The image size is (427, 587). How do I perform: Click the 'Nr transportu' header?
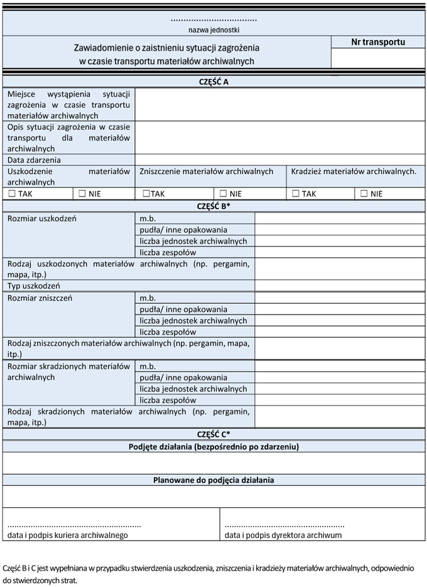[x=378, y=43]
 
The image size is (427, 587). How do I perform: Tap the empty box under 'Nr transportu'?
[x=378, y=58]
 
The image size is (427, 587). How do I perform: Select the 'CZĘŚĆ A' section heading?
[x=213, y=82]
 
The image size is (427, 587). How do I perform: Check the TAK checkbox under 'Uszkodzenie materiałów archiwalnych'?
[x=11, y=194]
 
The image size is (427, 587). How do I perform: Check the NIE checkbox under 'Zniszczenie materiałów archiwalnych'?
[x=223, y=194]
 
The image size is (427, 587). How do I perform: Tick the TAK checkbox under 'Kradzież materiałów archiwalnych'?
[x=296, y=194]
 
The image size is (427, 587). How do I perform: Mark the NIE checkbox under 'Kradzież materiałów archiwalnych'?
[x=364, y=194]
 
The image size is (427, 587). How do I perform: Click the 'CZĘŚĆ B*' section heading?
[x=213, y=206]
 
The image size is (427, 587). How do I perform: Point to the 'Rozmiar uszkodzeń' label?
[x=41, y=218]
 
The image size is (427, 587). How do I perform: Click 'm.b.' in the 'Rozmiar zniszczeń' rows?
[x=148, y=298]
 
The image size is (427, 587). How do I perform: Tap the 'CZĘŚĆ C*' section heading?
[x=213, y=434]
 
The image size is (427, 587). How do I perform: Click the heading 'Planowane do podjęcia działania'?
[x=213, y=480]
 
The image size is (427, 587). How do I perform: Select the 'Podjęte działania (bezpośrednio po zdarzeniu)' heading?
[x=213, y=446]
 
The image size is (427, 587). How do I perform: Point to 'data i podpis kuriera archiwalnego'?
[x=68, y=536]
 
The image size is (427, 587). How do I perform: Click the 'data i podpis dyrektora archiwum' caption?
[x=283, y=536]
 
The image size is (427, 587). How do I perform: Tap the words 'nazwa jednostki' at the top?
[x=213, y=30]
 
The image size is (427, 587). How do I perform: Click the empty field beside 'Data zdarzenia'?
[x=280, y=160]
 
